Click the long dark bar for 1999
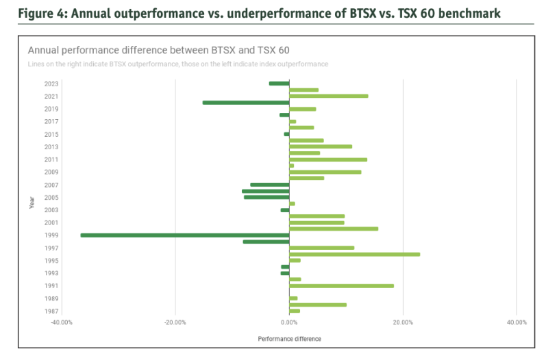click(x=185, y=235)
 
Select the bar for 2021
click(x=329, y=96)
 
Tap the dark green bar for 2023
click(x=279, y=83)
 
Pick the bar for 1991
click(x=341, y=286)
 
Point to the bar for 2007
click(x=270, y=185)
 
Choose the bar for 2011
click(x=328, y=159)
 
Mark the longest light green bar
click(x=355, y=254)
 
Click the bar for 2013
click(x=321, y=146)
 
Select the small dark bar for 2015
click(x=286, y=134)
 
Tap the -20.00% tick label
click(x=175, y=322)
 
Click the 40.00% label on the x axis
click(x=516, y=322)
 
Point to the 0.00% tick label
click(x=289, y=322)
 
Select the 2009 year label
click(x=51, y=172)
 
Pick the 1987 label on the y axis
click(x=51, y=311)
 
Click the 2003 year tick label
click(x=51, y=210)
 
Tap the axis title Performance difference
click(x=289, y=339)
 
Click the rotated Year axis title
click(x=32, y=203)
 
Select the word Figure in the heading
click(x=34, y=14)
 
